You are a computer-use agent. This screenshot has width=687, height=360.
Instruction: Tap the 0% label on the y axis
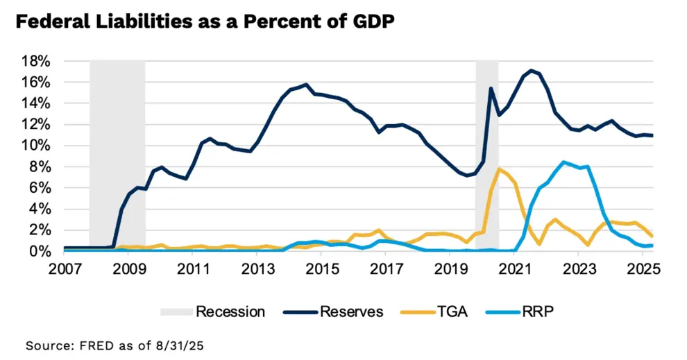coord(40,251)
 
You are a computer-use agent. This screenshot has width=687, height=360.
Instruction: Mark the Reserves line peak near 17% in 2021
coord(532,70)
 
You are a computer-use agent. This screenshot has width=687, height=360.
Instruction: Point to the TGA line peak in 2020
coord(499,169)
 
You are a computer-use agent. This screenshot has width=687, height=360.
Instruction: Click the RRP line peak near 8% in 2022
coord(563,162)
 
